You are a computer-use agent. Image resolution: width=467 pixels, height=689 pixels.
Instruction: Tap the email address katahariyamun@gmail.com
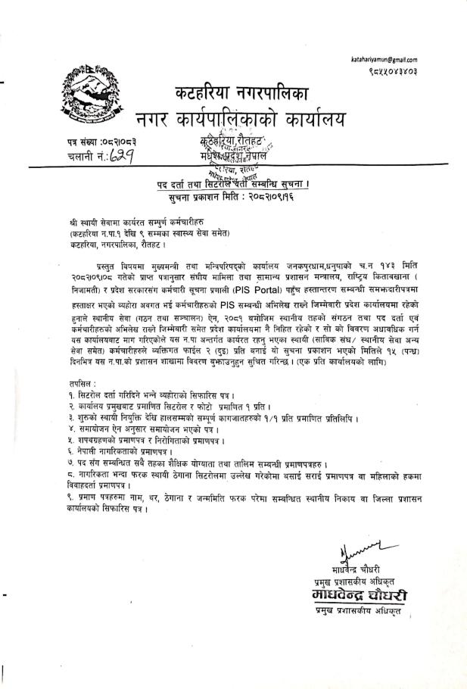click(384, 59)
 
